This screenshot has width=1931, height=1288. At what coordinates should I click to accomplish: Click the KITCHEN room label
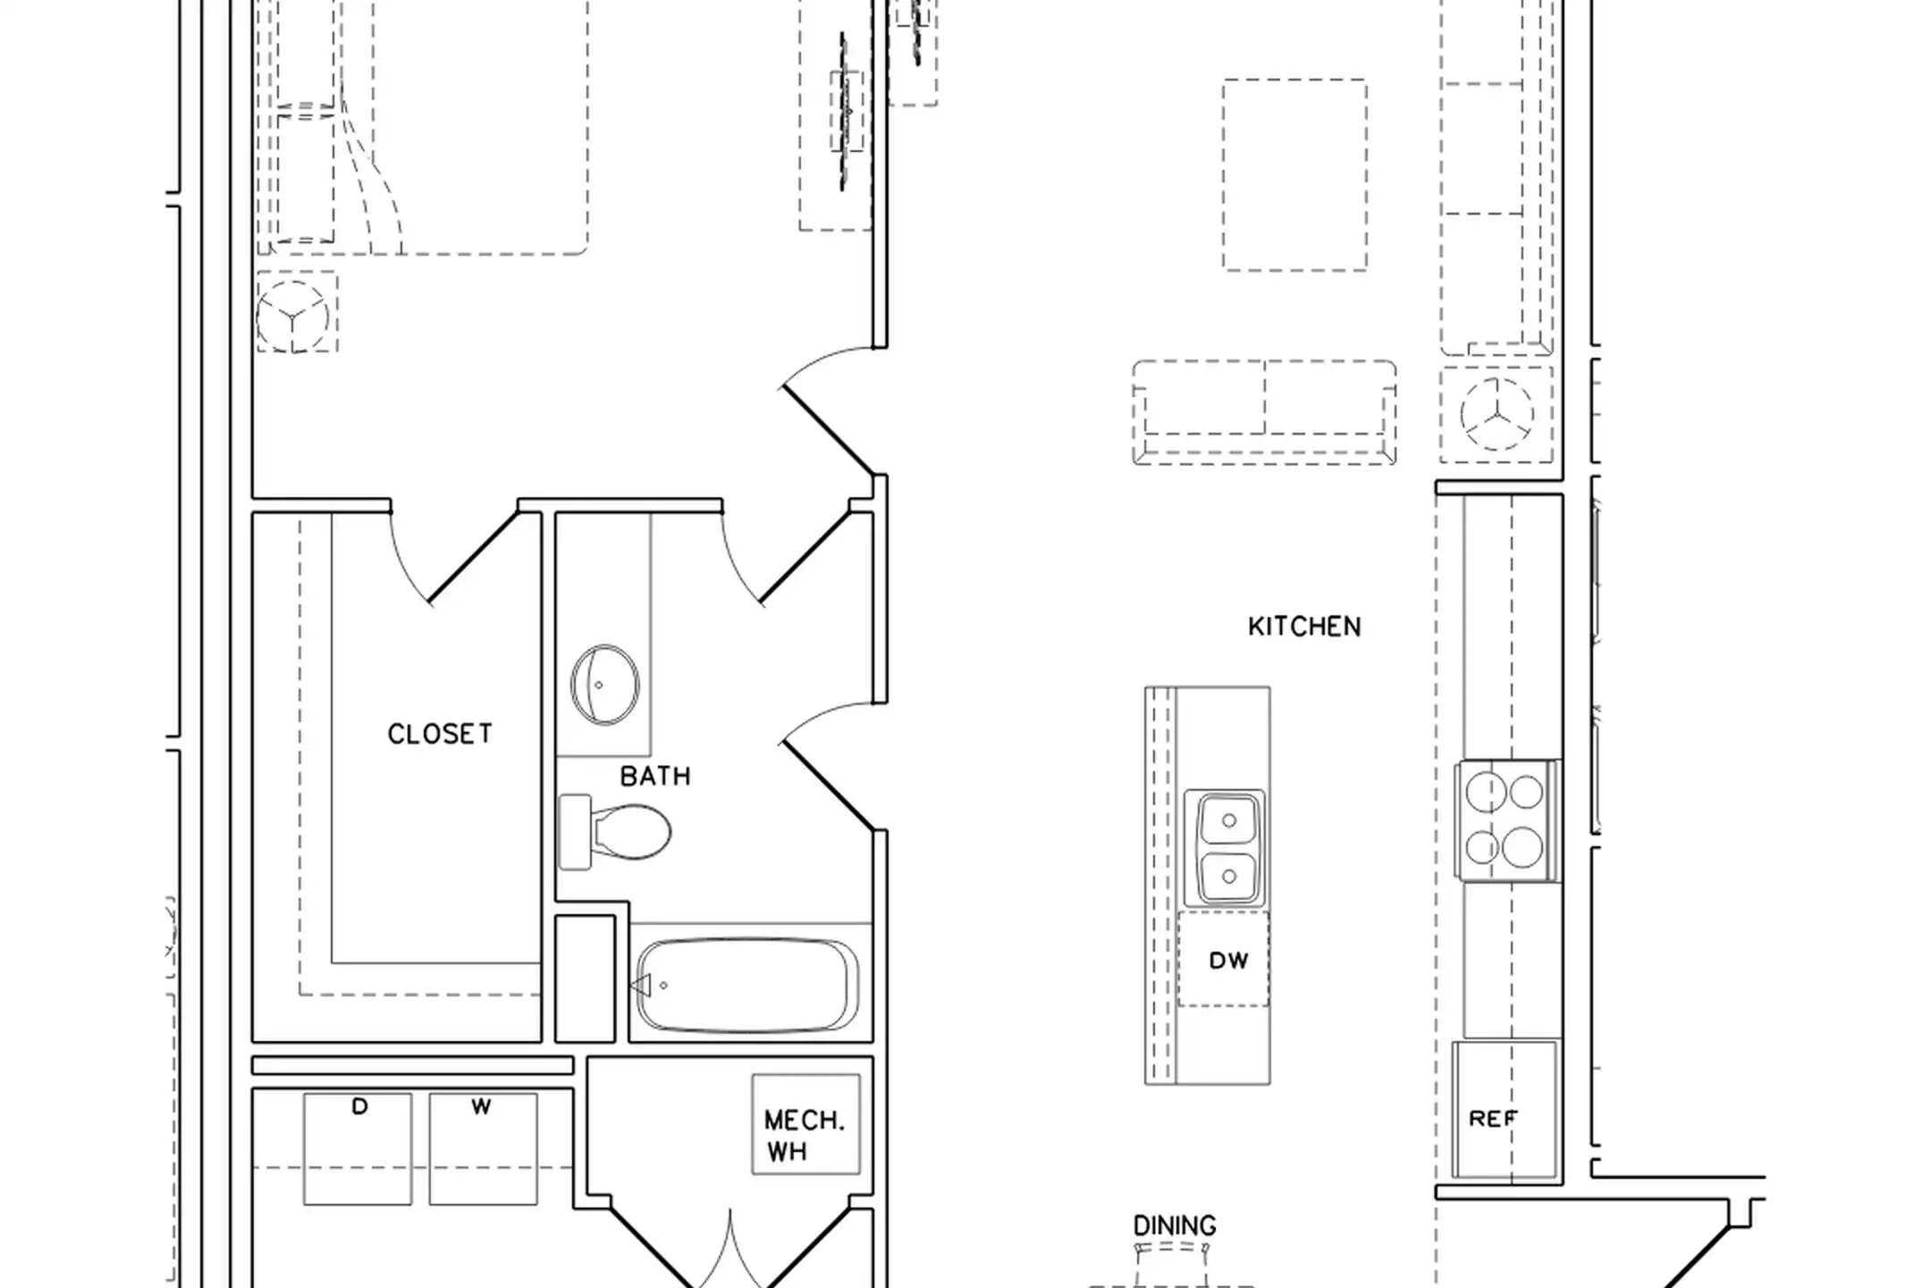(1304, 626)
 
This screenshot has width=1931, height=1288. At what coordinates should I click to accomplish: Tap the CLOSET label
(440, 734)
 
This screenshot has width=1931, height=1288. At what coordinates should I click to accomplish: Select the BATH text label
(655, 776)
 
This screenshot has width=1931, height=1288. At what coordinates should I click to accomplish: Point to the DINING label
(1175, 1225)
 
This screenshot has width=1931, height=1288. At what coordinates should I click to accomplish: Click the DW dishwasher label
(1228, 961)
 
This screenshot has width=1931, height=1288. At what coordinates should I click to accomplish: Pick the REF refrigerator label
(1493, 1118)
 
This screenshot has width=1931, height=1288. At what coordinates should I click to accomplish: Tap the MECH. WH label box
(805, 1124)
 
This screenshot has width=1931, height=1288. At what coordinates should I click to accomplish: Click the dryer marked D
(358, 1148)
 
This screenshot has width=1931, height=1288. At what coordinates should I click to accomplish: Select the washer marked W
(483, 1148)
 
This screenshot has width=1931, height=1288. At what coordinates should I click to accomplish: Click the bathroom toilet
(615, 832)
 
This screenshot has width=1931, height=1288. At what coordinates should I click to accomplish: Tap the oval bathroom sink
(604, 684)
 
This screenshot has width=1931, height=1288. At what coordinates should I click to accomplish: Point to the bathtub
(747, 986)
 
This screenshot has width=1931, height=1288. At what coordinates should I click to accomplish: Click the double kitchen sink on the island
(1225, 848)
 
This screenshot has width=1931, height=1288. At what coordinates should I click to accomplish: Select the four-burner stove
(1507, 820)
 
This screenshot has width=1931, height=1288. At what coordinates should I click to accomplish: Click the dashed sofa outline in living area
(1264, 412)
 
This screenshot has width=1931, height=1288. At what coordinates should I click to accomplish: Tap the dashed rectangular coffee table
(1294, 174)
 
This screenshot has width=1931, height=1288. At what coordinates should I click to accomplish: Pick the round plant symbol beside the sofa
(1497, 414)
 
